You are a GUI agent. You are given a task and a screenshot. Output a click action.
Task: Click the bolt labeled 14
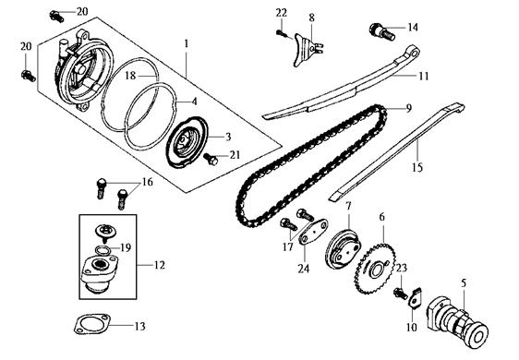(x=381, y=31)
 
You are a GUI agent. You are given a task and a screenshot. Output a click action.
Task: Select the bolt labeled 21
(x=211, y=159)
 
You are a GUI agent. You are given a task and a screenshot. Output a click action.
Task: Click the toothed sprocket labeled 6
(x=374, y=269)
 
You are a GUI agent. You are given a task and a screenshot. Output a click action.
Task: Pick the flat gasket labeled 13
(x=91, y=324)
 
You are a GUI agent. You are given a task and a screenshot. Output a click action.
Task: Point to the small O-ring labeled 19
(x=103, y=250)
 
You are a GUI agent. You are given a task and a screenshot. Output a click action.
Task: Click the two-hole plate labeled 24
(x=313, y=232)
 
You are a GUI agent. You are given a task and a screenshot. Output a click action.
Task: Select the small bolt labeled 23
(x=401, y=294)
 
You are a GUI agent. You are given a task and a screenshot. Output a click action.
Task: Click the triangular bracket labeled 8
(x=307, y=50)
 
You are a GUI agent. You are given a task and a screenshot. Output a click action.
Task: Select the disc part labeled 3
(x=187, y=142)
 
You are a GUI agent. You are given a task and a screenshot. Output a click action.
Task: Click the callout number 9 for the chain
(x=409, y=108)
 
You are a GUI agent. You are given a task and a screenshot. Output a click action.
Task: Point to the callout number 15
(x=417, y=167)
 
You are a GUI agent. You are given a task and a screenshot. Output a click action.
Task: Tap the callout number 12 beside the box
(x=159, y=265)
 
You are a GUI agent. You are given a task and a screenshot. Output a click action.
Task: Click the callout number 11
(x=424, y=76)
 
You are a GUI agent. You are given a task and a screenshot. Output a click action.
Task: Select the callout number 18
(x=130, y=76)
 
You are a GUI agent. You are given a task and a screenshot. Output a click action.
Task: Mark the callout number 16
(x=148, y=182)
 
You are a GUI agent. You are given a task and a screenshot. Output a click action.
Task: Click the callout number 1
(x=187, y=43)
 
